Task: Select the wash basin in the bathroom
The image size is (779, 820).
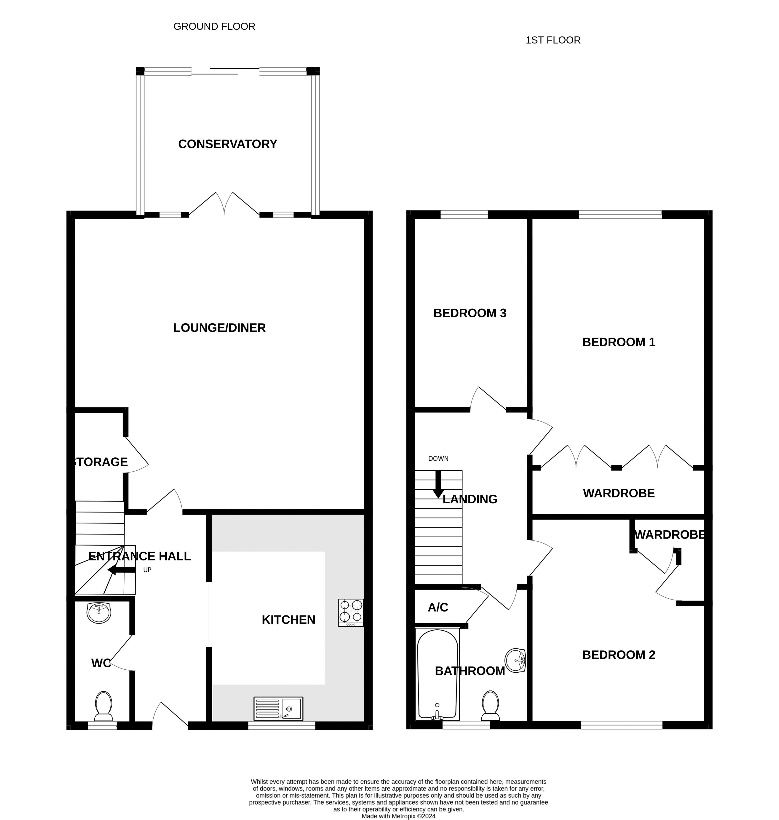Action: tap(515, 660)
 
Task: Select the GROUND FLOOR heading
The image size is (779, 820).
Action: tap(214, 27)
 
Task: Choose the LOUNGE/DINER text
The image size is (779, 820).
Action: tap(219, 328)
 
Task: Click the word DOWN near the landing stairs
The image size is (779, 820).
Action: tap(438, 459)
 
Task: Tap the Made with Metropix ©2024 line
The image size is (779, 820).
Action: tap(398, 804)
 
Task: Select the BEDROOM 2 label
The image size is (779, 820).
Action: tap(618, 655)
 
